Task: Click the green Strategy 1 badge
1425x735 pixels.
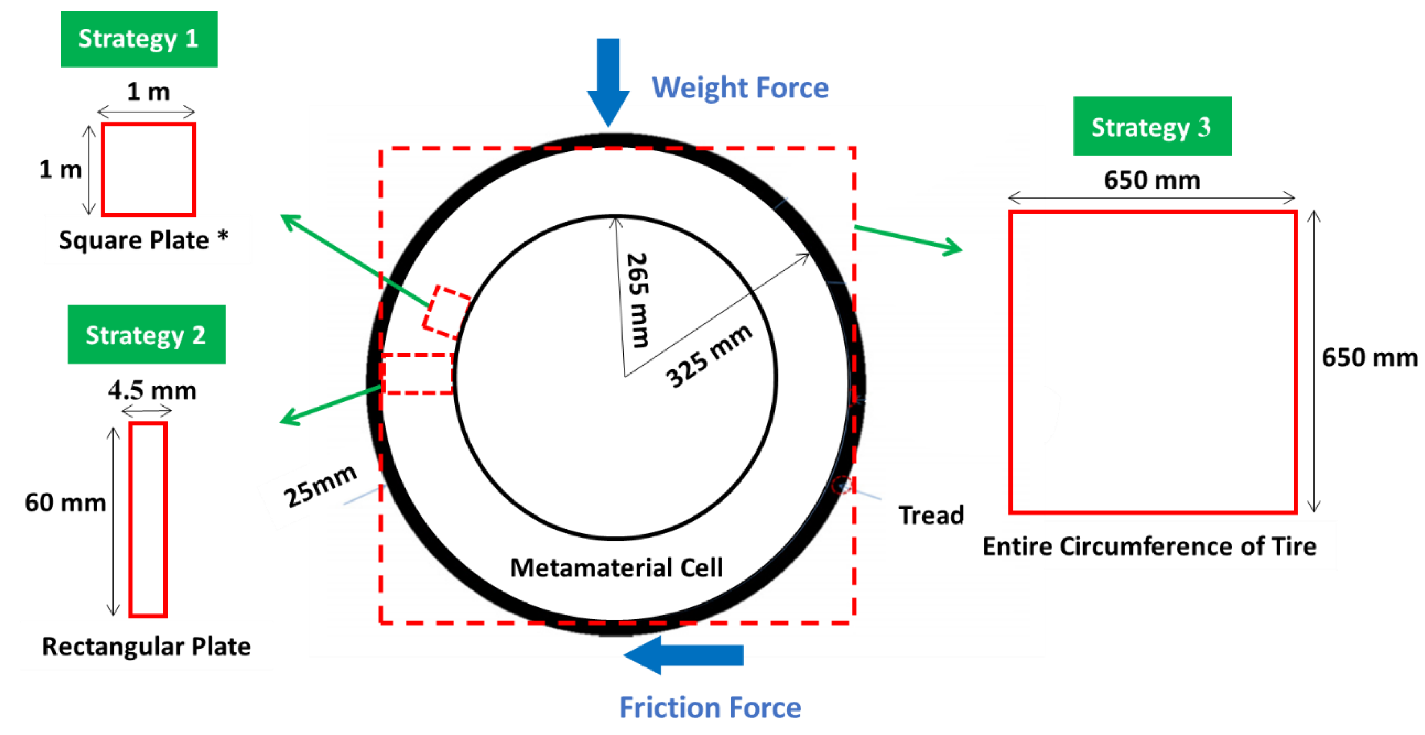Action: pyautogui.click(x=139, y=39)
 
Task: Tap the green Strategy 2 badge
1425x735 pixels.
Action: pyautogui.click(x=146, y=335)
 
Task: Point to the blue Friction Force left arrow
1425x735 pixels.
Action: pyautogui.click(x=684, y=655)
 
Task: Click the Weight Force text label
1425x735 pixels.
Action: pyautogui.click(x=740, y=88)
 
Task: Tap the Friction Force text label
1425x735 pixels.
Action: pyautogui.click(x=710, y=707)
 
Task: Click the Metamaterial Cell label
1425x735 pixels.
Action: pyautogui.click(x=616, y=567)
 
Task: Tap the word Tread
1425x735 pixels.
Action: pyautogui.click(x=931, y=515)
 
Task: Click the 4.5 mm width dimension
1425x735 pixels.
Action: pyautogui.click(x=152, y=390)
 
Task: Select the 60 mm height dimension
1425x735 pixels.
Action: pyautogui.click(x=65, y=503)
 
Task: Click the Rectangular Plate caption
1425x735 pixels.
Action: pyautogui.click(x=147, y=646)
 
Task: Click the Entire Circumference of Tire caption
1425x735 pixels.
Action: pyautogui.click(x=1149, y=546)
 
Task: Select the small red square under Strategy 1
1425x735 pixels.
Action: pyautogui.click(x=148, y=169)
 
